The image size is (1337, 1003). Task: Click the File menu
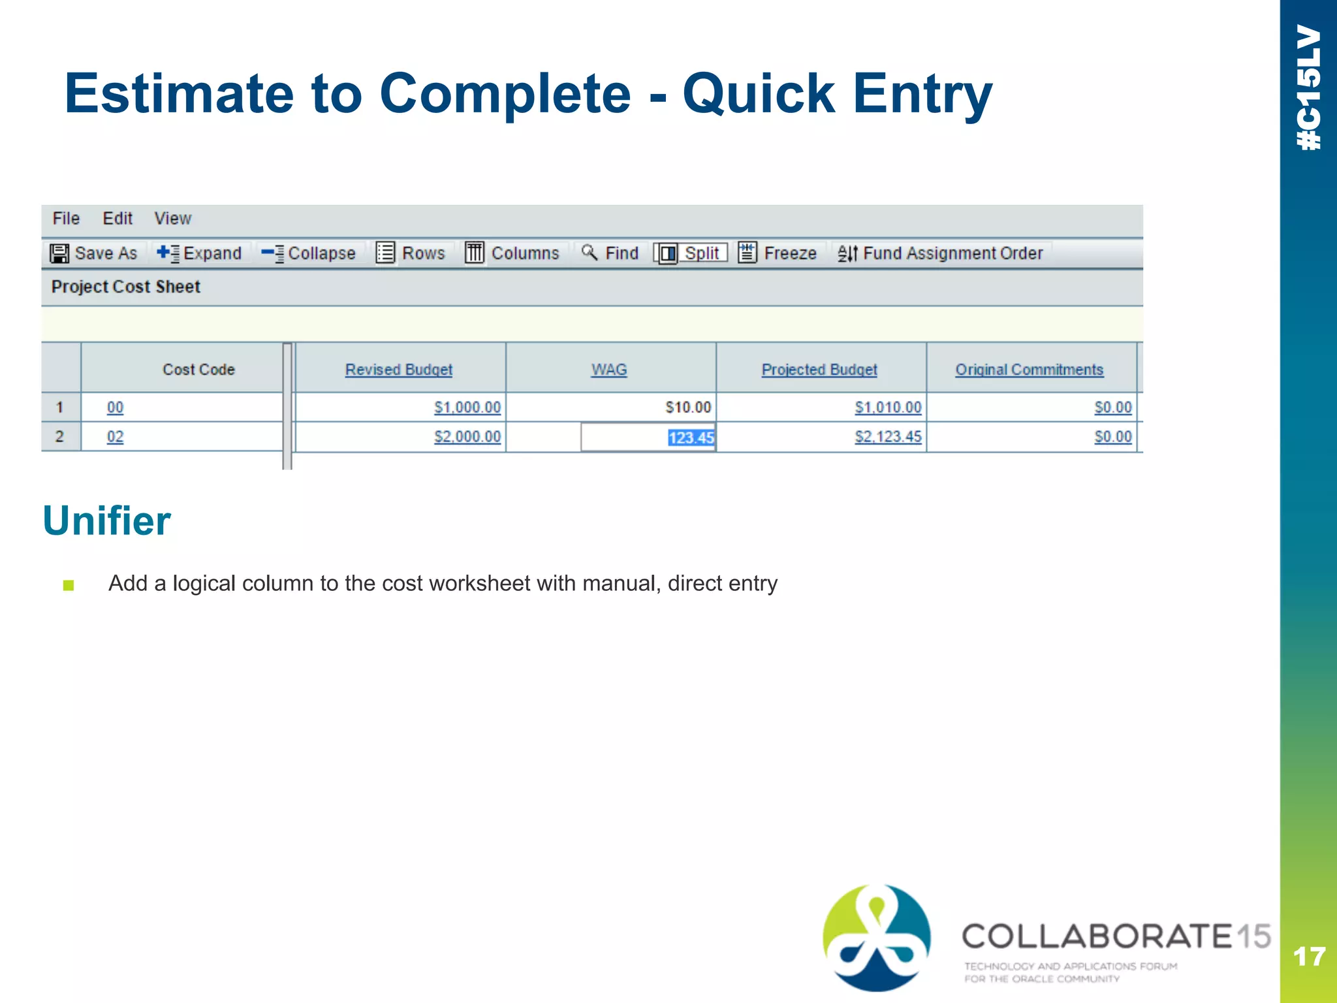(x=66, y=218)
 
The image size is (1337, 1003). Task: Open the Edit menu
(x=118, y=218)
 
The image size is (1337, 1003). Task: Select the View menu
(x=172, y=218)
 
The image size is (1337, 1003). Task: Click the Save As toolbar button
(x=94, y=253)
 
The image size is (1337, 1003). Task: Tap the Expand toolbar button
(x=200, y=253)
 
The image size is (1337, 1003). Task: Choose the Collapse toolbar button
(x=309, y=253)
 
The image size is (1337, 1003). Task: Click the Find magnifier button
(x=610, y=253)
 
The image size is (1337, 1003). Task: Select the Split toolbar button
(x=691, y=253)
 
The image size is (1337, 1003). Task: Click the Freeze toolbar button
(x=778, y=253)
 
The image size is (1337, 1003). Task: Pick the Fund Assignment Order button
(x=941, y=253)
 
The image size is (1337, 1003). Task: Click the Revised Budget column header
(x=399, y=370)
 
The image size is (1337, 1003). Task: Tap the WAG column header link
(x=609, y=370)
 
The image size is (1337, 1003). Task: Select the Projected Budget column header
(x=819, y=370)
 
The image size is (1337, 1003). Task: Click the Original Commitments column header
(x=1030, y=370)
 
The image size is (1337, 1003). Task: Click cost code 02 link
(x=115, y=437)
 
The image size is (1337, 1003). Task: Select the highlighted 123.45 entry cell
(x=691, y=438)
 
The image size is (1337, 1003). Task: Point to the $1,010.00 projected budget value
(x=888, y=407)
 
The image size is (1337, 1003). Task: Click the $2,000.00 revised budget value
(x=467, y=437)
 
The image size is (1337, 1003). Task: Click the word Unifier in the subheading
(x=106, y=520)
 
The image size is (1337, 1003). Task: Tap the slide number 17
(x=1309, y=957)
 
